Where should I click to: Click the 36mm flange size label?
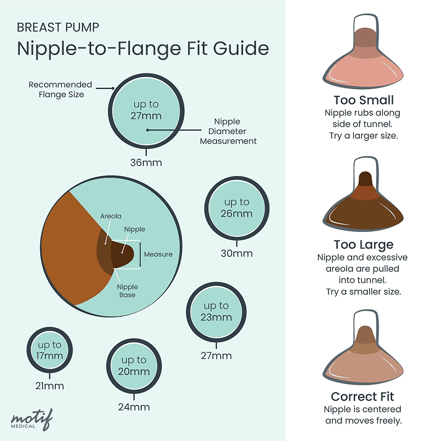click(x=145, y=163)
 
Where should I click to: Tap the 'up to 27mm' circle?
click(x=145, y=110)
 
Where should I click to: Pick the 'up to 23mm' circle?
click(x=216, y=312)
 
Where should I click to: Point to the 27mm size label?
click(x=217, y=356)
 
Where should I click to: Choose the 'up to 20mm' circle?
click(x=134, y=366)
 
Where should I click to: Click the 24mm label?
click(x=134, y=407)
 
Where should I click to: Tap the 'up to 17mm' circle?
click(x=49, y=350)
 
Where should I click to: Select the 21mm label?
click(x=49, y=386)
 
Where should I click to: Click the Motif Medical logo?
click(x=31, y=419)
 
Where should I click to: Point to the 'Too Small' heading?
click(x=363, y=100)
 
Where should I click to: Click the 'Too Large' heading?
click(x=363, y=245)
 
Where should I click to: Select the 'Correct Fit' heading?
click(x=363, y=396)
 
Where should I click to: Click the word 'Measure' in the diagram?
click(x=158, y=254)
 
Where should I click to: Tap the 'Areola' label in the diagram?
click(x=111, y=216)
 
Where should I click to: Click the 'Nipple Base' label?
click(x=127, y=291)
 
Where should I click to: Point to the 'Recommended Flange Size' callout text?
click(x=60, y=89)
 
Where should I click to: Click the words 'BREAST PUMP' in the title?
click(x=58, y=28)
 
